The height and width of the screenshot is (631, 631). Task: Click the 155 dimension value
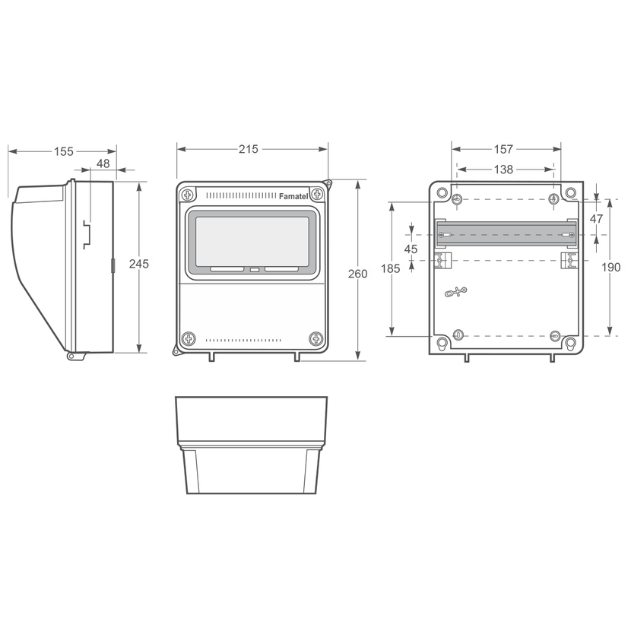(64, 152)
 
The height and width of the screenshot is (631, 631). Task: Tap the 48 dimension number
(103, 163)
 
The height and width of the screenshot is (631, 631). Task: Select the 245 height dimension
(139, 264)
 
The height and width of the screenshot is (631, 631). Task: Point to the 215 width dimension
(249, 149)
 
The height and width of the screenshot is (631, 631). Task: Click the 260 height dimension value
(358, 274)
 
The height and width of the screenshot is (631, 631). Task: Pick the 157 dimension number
(503, 149)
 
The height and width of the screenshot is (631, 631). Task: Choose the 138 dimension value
(503, 170)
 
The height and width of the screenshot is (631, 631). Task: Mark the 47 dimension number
(596, 218)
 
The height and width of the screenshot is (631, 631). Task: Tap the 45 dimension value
(411, 249)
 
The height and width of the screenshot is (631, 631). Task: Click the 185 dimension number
(390, 268)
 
